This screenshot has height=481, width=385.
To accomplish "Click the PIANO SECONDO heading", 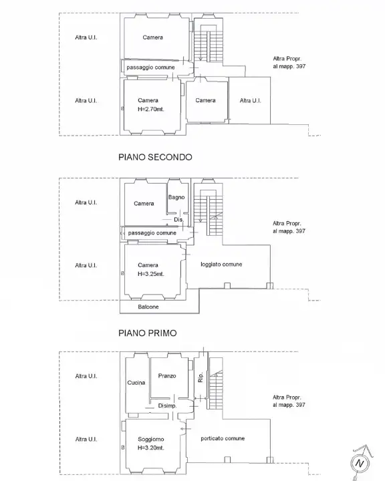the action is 155,157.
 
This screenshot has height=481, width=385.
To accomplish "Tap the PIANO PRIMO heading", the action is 147,333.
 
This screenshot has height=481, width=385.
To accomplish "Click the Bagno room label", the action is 176,197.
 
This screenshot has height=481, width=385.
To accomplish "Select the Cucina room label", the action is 136,383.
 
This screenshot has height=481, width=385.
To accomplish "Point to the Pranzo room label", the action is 167,375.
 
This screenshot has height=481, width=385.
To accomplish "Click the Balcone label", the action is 148,307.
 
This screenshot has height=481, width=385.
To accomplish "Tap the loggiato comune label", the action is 221,264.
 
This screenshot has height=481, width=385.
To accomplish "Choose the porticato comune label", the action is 223,438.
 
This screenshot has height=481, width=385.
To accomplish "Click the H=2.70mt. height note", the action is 151,109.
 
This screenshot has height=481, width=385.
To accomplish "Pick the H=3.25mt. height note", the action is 151,274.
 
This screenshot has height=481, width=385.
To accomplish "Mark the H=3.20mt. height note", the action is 151,448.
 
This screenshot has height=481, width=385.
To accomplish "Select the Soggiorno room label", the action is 151,440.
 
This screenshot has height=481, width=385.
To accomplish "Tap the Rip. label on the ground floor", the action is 201,377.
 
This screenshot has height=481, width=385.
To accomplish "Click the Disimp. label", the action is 167,406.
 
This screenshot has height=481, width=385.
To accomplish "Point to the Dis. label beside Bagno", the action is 178,220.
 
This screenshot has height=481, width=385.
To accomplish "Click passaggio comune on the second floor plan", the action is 151,67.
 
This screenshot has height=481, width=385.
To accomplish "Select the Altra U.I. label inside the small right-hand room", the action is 250,100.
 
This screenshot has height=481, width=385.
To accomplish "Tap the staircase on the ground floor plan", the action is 215,383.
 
